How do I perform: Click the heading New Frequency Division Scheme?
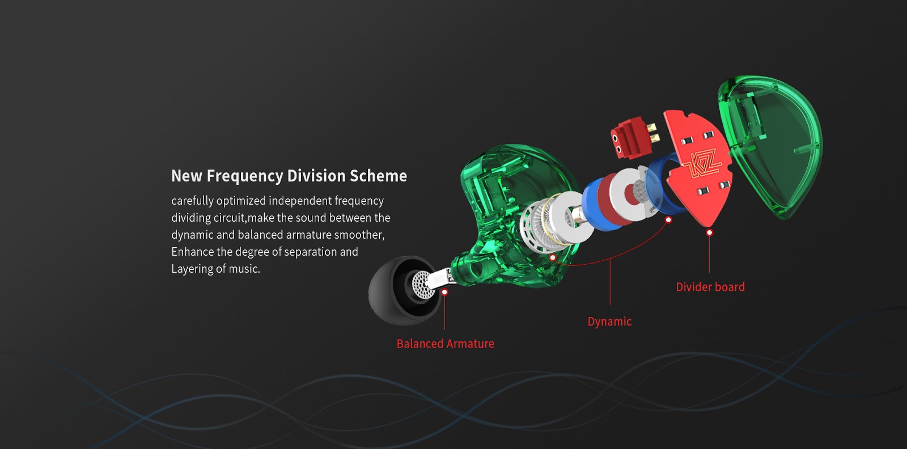[289, 176]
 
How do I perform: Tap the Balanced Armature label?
[446, 344]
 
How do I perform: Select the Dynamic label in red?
[609, 321]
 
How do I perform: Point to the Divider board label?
[710, 287]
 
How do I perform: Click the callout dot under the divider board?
[709, 233]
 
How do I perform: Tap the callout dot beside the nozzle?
[444, 292]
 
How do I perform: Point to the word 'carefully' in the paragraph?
[192, 201]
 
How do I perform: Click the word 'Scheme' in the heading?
[379, 176]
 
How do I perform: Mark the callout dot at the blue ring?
[668, 220]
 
